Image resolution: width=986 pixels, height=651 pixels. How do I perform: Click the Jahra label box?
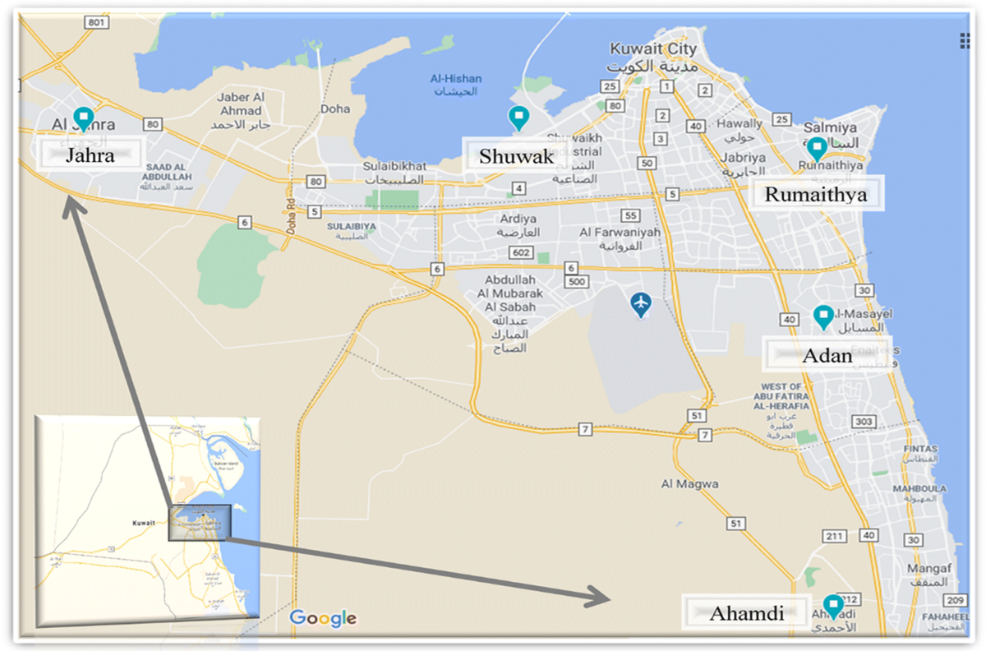click(x=90, y=154)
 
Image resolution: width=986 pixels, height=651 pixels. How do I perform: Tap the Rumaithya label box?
click(x=815, y=194)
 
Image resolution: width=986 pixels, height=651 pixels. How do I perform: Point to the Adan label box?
click(x=827, y=356)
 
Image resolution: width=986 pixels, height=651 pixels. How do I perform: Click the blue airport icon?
click(x=641, y=304)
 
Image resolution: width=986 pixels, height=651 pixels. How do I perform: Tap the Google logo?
click(x=323, y=618)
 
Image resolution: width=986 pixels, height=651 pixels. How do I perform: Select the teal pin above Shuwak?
click(x=518, y=118)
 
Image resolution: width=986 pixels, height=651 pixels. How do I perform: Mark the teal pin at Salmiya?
click(x=816, y=148)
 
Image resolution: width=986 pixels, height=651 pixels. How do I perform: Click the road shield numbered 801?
click(x=96, y=22)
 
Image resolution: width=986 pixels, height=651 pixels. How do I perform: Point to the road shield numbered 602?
click(x=520, y=252)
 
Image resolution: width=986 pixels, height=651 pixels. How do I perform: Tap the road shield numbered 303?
click(x=864, y=422)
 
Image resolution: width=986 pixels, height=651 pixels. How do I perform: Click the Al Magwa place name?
click(x=689, y=484)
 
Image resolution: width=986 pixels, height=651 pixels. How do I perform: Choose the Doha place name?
click(x=335, y=108)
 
